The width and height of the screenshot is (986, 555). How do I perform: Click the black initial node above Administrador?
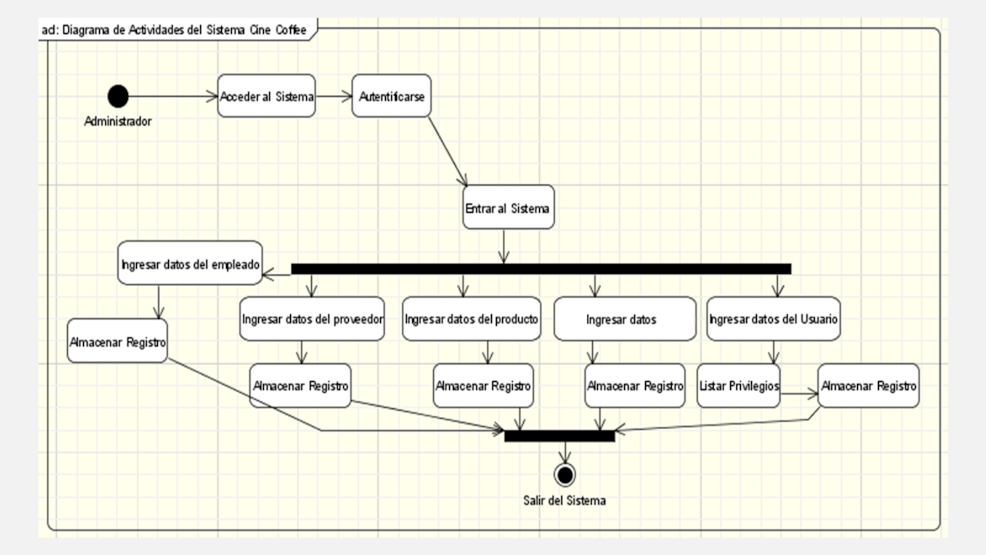click(x=118, y=96)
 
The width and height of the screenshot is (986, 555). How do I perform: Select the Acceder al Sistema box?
click(x=266, y=96)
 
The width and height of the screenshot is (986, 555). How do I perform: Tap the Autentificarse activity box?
click(x=391, y=96)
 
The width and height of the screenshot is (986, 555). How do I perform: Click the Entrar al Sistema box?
click(x=508, y=208)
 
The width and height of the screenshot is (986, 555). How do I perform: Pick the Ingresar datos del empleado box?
click(x=190, y=263)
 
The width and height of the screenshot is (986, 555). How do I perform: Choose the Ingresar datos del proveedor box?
click(x=312, y=319)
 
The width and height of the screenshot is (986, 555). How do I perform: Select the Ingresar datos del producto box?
click(x=471, y=319)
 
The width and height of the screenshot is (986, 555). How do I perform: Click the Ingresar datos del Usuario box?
click(x=773, y=319)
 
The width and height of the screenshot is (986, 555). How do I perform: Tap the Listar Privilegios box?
click(x=738, y=385)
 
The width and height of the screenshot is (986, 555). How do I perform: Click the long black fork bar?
click(x=540, y=269)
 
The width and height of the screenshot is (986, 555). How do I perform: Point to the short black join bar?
click(x=560, y=437)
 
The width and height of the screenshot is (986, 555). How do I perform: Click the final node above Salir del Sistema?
click(x=564, y=475)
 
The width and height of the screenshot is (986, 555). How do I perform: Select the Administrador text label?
click(x=118, y=121)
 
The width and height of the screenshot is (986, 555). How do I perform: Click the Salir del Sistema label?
click(x=564, y=501)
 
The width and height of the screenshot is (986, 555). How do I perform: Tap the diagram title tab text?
click(x=174, y=30)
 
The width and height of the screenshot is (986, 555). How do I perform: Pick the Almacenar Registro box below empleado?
click(x=117, y=341)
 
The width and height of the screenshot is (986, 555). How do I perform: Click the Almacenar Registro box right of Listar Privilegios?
click(x=868, y=385)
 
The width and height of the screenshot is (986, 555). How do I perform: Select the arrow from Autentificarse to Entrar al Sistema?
click(x=447, y=150)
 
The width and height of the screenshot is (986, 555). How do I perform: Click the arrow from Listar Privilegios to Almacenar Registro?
click(x=799, y=393)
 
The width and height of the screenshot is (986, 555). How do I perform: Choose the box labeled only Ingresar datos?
click(x=624, y=319)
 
